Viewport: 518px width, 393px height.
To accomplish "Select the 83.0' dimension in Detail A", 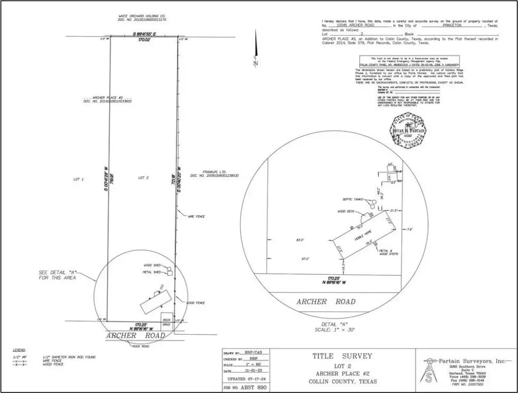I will [300, 239].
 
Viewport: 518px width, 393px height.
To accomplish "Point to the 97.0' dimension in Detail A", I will [307, 259].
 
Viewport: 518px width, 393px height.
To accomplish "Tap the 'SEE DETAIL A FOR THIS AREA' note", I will [57, 275].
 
